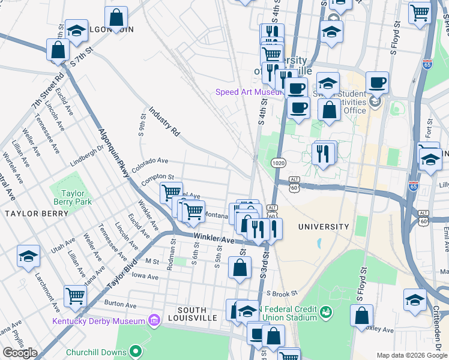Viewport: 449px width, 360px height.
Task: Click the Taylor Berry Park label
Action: click(x=76, y=197)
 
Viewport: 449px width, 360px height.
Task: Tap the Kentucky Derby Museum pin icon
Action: click(x=155, y=321)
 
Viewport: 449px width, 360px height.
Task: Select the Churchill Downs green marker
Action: click(x=136, y=352)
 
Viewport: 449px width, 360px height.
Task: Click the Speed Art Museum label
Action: click(x=249, y=92)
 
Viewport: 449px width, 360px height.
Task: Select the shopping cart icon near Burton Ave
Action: click(x=75, y=295)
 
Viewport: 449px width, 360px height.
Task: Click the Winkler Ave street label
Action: click(x=213, y=239)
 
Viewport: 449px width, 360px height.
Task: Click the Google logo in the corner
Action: click(x=20, y=353)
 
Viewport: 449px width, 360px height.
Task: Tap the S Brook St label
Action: click(x=282, y=293)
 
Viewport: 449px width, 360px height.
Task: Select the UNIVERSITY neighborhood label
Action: click(x=324, y=227)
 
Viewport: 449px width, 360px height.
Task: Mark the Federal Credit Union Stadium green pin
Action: click(x=325, y=312)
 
